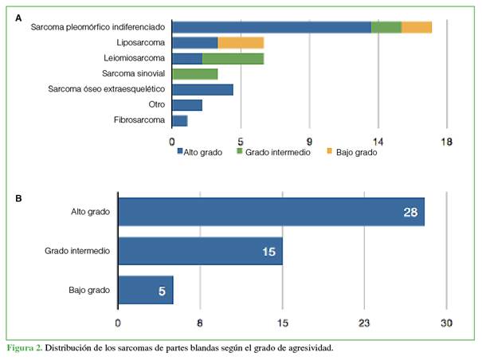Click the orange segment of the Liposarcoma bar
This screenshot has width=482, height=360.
tap(241, 42)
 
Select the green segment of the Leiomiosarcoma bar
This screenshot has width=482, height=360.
tap(233, 58)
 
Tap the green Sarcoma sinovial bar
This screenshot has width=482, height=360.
tap(195, 73)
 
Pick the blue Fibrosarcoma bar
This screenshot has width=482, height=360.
tap(180, 120)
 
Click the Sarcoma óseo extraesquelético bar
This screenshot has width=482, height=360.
tap(202, 89)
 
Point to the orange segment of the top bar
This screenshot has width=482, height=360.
tap(417, 27)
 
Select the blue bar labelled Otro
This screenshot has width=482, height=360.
tap(187, 104)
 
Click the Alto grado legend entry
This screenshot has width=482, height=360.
tap(200, 152)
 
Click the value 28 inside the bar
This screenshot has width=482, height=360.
tap(411, 211)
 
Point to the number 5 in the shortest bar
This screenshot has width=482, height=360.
tap(162, 292)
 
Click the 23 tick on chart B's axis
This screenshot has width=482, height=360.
tap(364, 323)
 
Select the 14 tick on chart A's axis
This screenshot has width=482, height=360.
tap(378, 142)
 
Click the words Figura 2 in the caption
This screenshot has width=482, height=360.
tap(23, 348)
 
